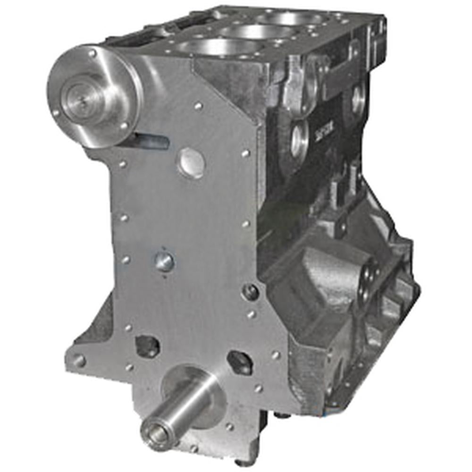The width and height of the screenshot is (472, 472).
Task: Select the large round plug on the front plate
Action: [191, 163]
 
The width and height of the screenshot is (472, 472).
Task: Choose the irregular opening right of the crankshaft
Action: [240, 362]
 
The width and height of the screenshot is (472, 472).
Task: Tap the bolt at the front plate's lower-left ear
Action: [79, 361]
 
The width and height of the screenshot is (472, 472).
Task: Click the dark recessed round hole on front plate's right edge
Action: [250, 292]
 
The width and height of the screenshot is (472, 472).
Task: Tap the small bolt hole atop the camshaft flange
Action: [92, 53]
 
